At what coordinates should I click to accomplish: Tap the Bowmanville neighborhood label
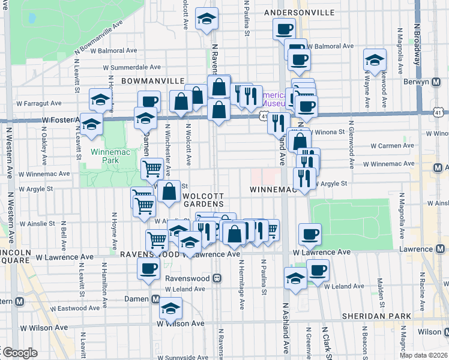tap(152, 80)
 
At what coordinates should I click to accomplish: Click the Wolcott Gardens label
tap(203, 200)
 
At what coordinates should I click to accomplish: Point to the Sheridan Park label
tap(376, 316)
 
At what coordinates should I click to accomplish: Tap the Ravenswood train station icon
tap(217, 278)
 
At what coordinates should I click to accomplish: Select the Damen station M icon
tap(155, 299)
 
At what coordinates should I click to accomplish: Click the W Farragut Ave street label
tap(40, 103)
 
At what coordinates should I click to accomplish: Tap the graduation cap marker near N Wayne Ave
tap(375, 61)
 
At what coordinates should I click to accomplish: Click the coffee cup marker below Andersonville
tap(284, 28)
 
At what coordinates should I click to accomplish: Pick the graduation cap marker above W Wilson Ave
tap(170, 309)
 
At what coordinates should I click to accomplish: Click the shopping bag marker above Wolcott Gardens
tap(170, 192)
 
